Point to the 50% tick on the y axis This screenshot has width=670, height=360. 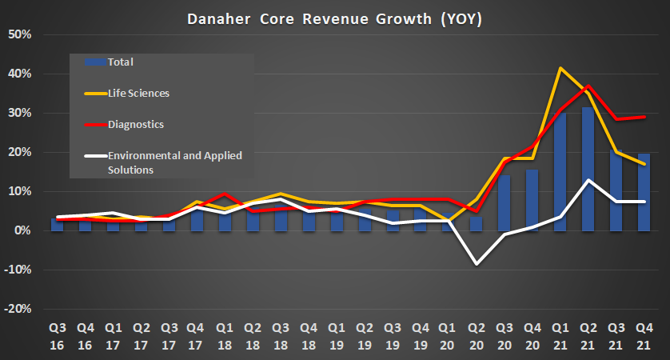(19, 35)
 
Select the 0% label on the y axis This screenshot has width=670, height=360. (22, 231)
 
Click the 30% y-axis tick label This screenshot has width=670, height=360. (19, 114)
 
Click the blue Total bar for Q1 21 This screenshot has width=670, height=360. (560, 172)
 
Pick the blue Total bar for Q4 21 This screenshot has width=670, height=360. (644, 192)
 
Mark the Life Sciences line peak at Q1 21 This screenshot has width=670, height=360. (560, 68)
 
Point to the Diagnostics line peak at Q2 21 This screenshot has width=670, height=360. (588, 86)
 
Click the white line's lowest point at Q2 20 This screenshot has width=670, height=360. (477, 263)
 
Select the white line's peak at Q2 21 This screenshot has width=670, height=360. (588, 180)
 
